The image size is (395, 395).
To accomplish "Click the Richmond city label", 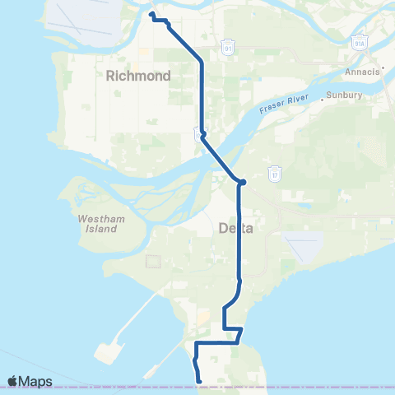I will coord(138,76).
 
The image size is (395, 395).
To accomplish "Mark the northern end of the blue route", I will coord(151,14).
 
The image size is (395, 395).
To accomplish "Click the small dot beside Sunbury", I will coord(322,97).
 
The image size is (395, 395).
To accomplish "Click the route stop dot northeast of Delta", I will coord(243,182).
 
